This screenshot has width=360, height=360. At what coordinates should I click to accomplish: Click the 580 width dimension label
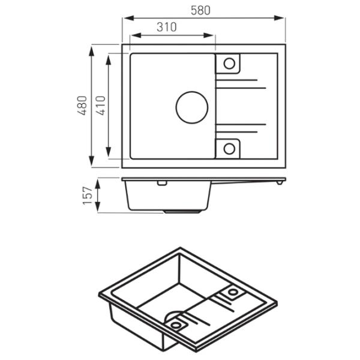tap(200, 11)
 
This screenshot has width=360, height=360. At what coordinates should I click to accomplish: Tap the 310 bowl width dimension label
tap(167, 27)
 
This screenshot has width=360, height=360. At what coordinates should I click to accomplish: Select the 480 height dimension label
tap(82, 106)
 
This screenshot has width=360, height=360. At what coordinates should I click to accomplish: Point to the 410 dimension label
tap(100, 106)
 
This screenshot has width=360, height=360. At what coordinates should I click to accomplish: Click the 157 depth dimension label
tap(88, 196)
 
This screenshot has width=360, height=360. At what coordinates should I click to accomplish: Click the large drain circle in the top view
tap(192, 92)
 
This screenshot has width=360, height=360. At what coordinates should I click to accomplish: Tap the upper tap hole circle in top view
tap(229, 58)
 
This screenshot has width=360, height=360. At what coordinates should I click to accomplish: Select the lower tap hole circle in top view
tap(229, 143)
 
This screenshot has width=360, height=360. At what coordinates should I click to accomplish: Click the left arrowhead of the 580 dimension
tap(129, 18)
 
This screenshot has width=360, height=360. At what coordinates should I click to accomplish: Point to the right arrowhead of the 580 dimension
tap(279, 18)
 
